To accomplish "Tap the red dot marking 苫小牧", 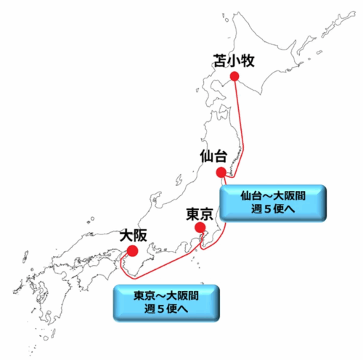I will point(234,75).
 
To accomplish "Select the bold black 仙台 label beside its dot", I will point(213,156).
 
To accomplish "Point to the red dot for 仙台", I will point(221,172).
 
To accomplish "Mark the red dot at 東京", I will point(200,228).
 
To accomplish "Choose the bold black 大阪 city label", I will point(132,236).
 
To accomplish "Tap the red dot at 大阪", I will point(132,250).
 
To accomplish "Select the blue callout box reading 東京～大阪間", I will point(166,303).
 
